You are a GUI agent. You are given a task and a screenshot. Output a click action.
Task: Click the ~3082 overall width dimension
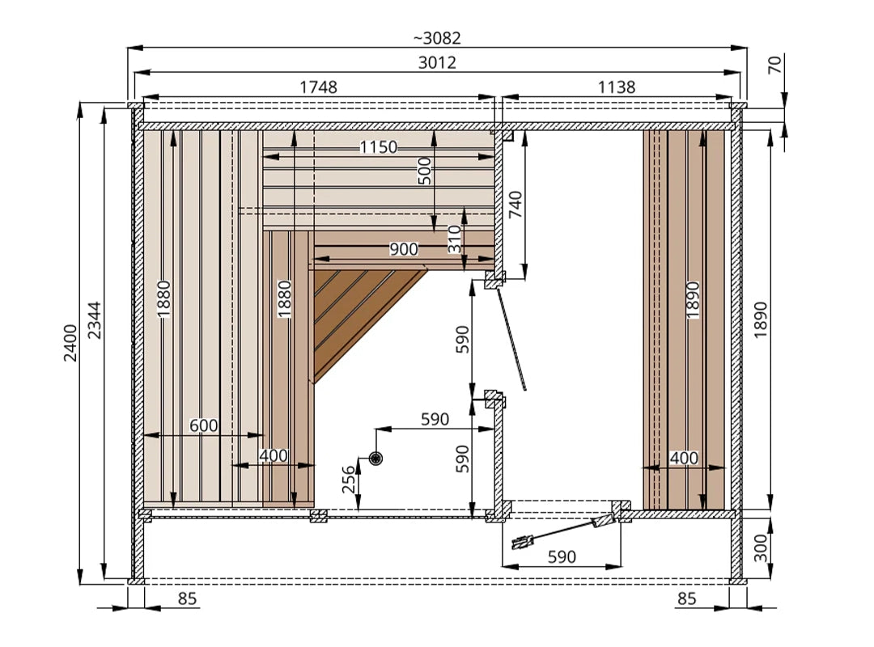pos(437,38)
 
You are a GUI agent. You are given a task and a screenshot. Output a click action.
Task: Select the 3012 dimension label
pos(437,62)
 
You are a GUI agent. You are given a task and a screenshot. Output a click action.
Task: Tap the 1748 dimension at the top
pos(318,87)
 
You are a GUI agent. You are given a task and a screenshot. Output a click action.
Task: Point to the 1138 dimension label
pos(617,87)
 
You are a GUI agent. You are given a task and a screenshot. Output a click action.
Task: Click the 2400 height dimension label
pos(70,343)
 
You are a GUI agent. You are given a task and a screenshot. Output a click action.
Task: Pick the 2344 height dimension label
pos(95,320)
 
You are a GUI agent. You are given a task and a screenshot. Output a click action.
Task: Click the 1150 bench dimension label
pos(379,147)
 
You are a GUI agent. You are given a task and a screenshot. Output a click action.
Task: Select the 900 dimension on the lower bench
pos(404,248)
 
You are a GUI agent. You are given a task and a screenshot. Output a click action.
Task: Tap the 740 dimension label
pos(515,205)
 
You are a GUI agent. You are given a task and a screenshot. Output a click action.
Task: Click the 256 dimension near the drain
pos(348,480)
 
